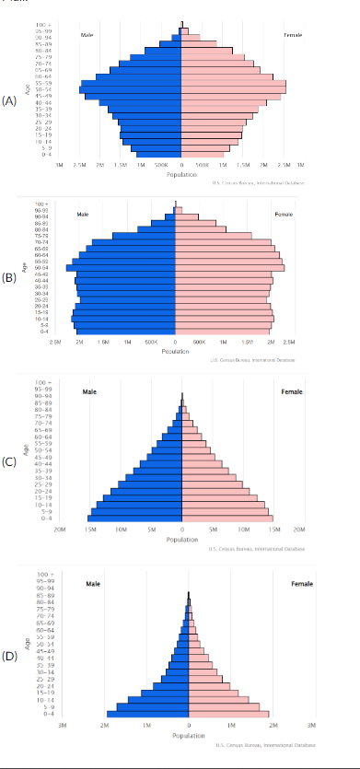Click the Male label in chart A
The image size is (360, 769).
pos(87,35)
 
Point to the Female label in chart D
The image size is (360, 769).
pos(301,584)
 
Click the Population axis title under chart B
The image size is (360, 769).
pos(175,350)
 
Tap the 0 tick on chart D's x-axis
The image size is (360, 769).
pos(189,726)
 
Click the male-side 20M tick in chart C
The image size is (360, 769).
pos(61,530)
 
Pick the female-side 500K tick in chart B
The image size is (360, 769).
pos(199,341)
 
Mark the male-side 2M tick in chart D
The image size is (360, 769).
pos(104,726)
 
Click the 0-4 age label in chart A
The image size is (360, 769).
pos(45,154)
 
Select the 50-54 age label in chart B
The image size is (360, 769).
pos(41,267)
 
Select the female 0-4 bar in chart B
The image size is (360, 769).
pos(224,330)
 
